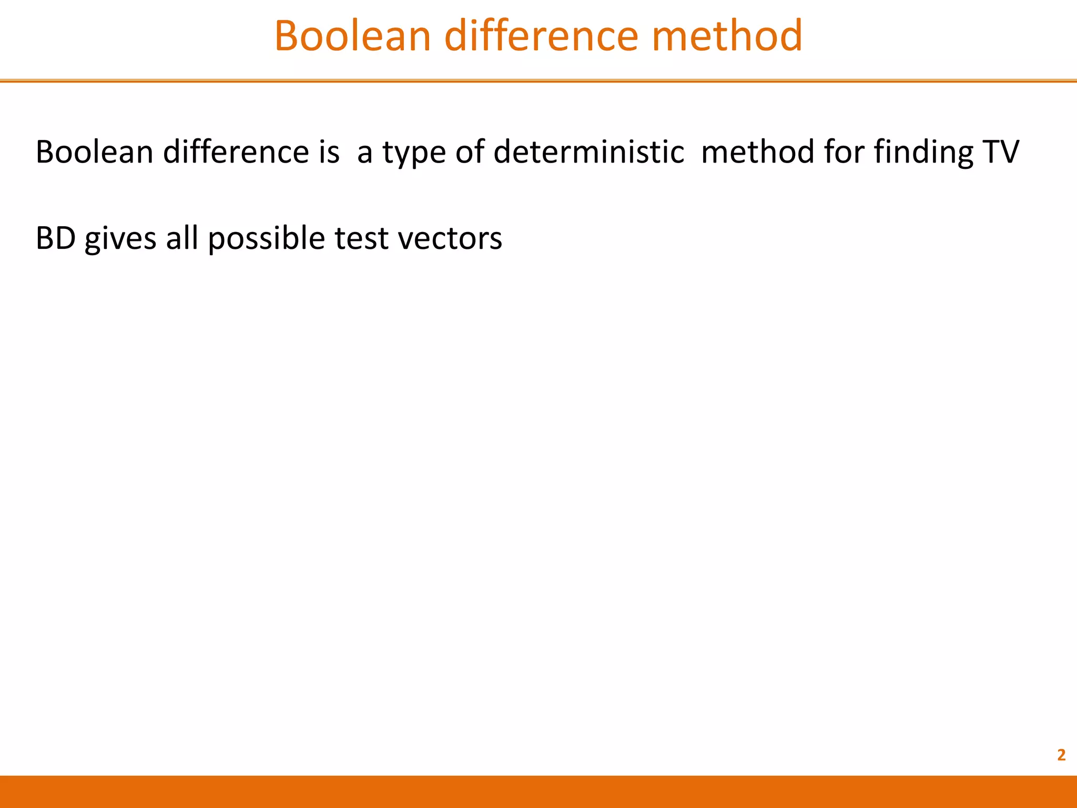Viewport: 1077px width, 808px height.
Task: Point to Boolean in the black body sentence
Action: (94, 152)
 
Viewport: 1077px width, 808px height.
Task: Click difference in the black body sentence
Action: (236, 152)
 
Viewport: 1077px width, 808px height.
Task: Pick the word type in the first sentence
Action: (414, 153)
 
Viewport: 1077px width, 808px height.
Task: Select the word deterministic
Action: (588, 152)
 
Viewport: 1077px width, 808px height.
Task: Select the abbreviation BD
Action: (56, 238)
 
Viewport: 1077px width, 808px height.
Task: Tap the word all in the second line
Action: (182, 238)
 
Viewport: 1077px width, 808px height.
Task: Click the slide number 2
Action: (1061, 755)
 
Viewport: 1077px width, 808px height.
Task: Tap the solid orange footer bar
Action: (538, 791)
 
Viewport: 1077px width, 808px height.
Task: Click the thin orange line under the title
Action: (538, 81)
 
